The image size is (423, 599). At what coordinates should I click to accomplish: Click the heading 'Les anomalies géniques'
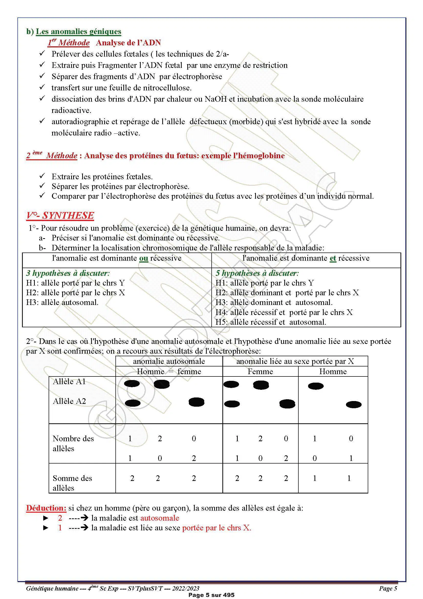79,31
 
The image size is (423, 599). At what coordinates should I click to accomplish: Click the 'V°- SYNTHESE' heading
60,215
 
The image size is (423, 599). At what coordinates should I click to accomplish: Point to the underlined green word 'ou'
144,258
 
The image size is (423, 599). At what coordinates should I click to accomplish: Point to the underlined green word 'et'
333,258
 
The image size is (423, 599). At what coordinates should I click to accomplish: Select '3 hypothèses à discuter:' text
68,273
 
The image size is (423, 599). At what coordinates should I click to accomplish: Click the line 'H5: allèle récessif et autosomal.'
271,322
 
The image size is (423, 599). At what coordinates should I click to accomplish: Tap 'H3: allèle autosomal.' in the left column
62,303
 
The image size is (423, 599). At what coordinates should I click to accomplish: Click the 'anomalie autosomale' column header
169,361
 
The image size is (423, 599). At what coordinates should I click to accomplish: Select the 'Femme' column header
260,372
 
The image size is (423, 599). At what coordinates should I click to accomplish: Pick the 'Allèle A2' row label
69,401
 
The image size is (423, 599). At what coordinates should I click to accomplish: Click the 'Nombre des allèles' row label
73,444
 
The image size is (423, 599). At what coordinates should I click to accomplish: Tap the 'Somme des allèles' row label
72,483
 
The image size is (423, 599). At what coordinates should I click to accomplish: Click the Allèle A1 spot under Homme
316,386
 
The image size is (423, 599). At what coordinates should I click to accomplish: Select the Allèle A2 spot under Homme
354,405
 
